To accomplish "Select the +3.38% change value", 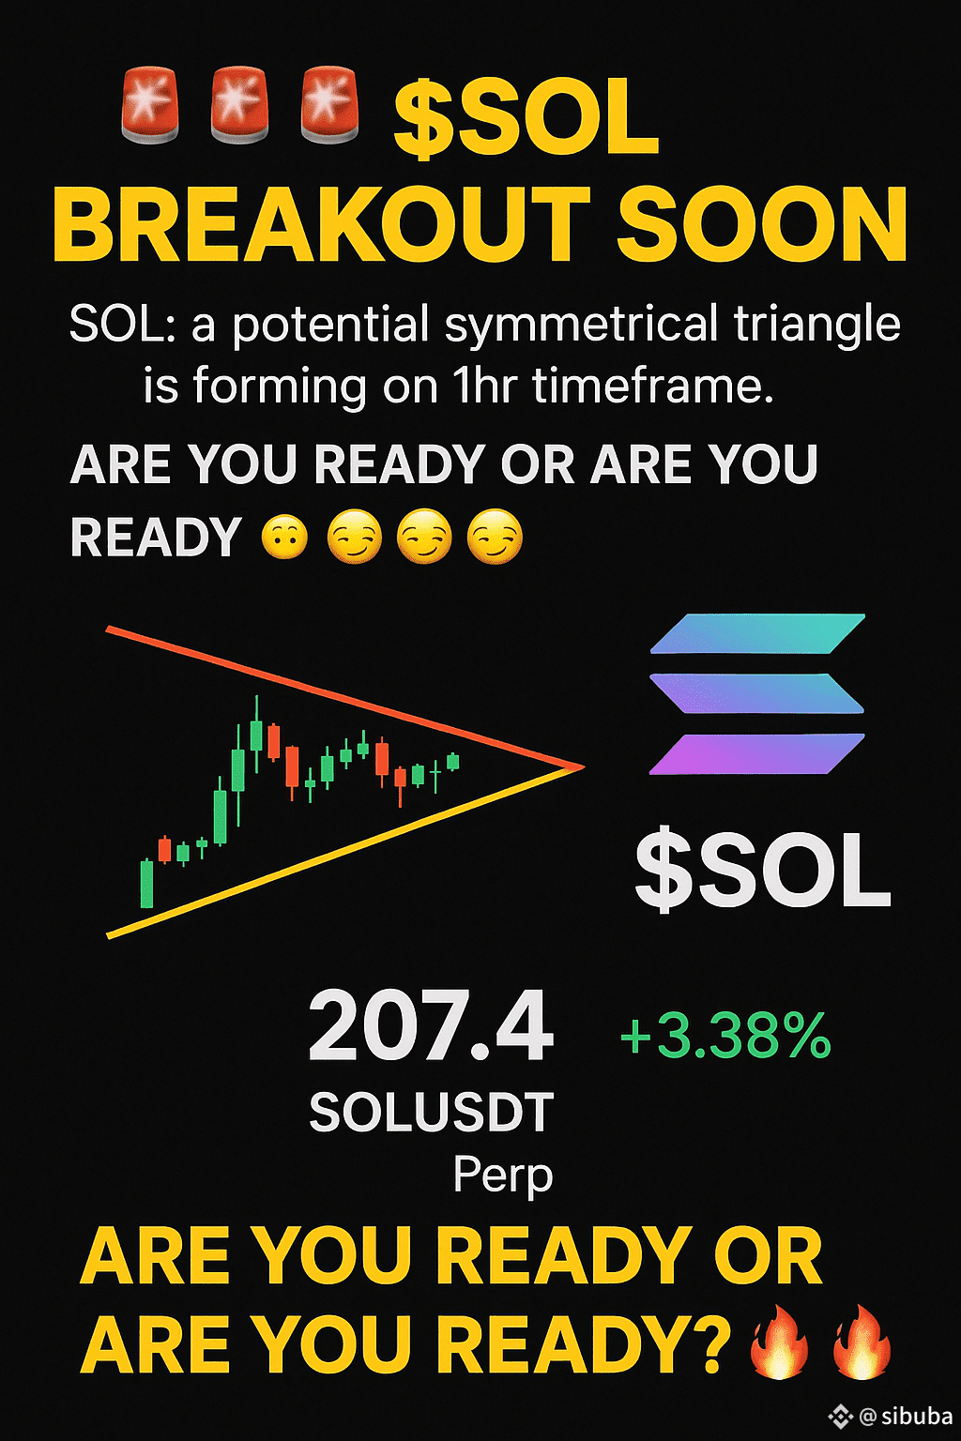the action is pos(725,1035).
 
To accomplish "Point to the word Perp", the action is pos(503,1175).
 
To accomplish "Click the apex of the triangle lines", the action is pos(583,766).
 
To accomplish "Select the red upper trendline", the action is pos(345,696).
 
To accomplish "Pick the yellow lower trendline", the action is pos(345,851).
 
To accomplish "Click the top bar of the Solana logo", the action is pos(757,633).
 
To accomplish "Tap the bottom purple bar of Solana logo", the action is pos(757,753).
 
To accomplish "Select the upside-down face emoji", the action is pos(283,538).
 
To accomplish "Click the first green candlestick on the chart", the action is pos(147,883).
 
